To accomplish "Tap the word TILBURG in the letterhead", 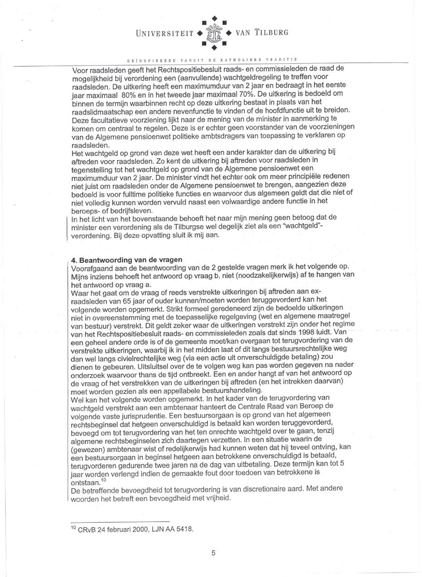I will click(271, 33).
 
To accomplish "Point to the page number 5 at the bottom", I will click(213, 552).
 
